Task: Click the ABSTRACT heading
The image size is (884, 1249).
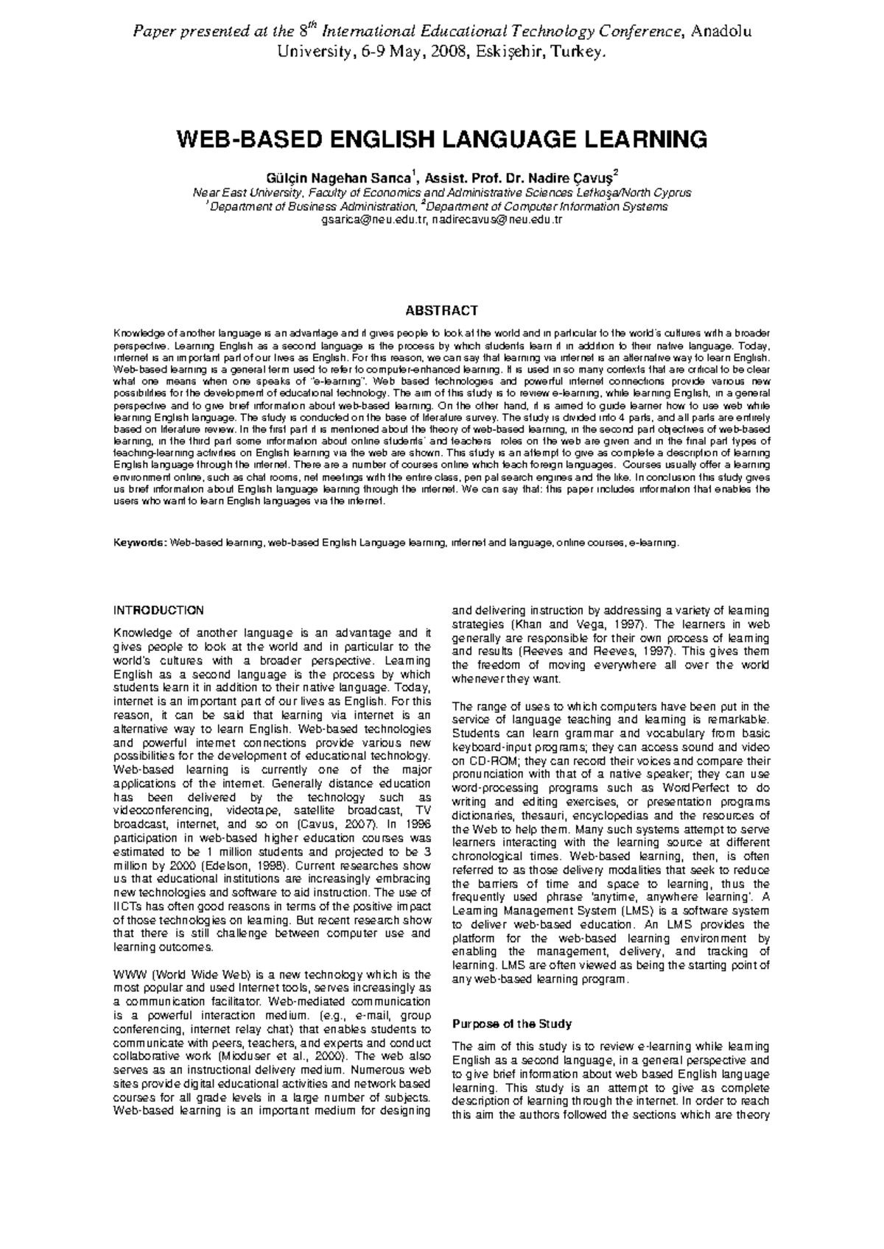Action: (x=443, y=311)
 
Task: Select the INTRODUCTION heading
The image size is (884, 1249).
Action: (x=158, y=611)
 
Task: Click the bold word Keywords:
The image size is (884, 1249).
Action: (x=139, y=543)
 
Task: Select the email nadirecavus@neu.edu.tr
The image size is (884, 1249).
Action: (x=497, y=219)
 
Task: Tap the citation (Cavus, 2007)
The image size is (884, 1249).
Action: (x=337, y=825)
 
